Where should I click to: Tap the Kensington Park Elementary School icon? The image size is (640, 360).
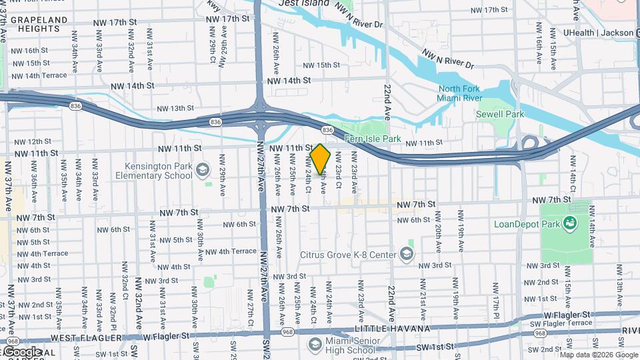point(202,171)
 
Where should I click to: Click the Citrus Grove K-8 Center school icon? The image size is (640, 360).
point(407,254)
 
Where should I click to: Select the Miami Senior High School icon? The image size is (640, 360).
point(315,343)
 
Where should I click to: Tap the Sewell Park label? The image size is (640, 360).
point(500,114)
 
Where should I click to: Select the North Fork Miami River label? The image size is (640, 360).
point(459,94)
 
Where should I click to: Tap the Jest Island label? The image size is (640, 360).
point(304,3)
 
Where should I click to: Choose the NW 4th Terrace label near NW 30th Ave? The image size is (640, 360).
point(231,251)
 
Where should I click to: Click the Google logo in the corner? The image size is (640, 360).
point(21,351)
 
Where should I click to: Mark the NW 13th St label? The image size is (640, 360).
point(175,108)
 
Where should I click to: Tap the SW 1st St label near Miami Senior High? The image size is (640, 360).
point(435,347)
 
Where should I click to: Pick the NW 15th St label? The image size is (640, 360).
point(322,65)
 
